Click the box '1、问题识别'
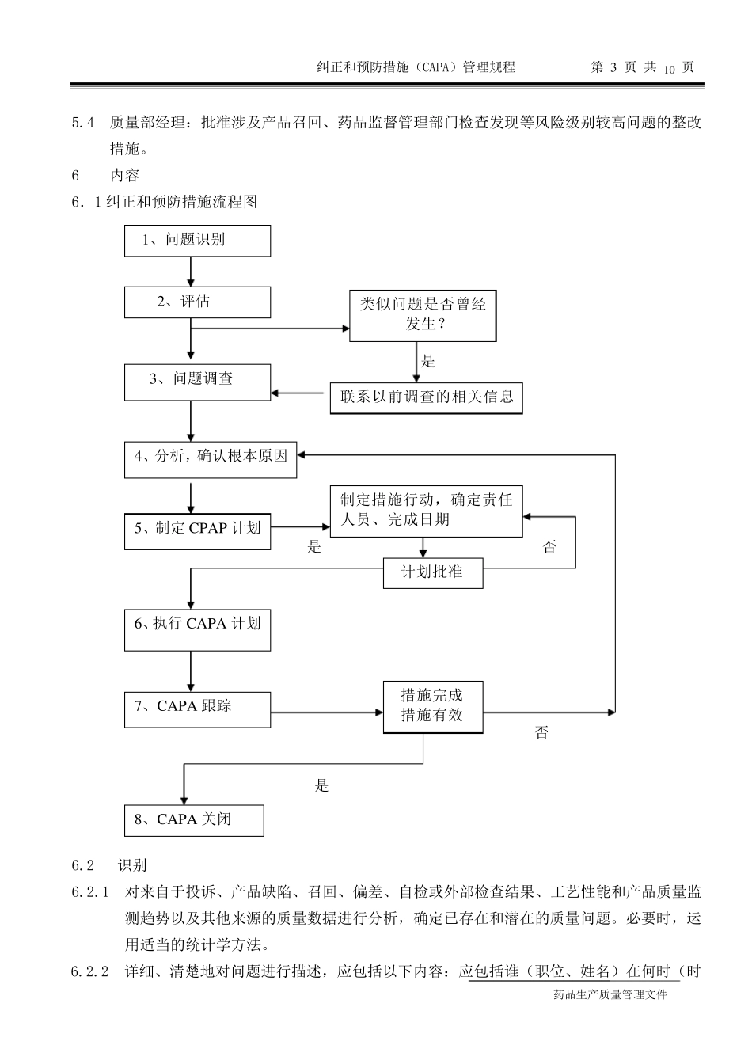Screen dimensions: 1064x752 tap(197, 241)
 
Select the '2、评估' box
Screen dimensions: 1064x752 tap(197, 302)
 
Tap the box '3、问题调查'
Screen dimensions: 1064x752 tap(197, 382)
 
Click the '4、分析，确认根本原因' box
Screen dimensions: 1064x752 tap(211, 458)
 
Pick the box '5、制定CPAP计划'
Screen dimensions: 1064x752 tap(197, 530)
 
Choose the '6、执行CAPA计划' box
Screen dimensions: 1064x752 tap(197, 629)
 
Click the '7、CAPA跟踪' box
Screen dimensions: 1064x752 tap(197, 709)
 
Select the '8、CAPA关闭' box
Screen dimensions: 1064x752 tap(194, 820)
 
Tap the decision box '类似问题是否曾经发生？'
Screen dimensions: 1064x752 tap(423, 314)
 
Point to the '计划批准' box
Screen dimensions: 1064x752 tap(432, 573)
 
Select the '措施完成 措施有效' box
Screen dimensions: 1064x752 tap(432, 706)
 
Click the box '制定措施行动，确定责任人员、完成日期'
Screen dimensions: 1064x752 tap(426, 511)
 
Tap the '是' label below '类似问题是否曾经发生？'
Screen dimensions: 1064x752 tap(428, 362)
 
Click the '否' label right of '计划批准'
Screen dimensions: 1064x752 tap(549, 547)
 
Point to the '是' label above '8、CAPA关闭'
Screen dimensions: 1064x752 tap(321, 785)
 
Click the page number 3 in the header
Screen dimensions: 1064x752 tap(613, 68)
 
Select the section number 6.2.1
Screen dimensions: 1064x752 tap(89, 892)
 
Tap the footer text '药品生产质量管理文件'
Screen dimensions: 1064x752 tap(610, 994)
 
